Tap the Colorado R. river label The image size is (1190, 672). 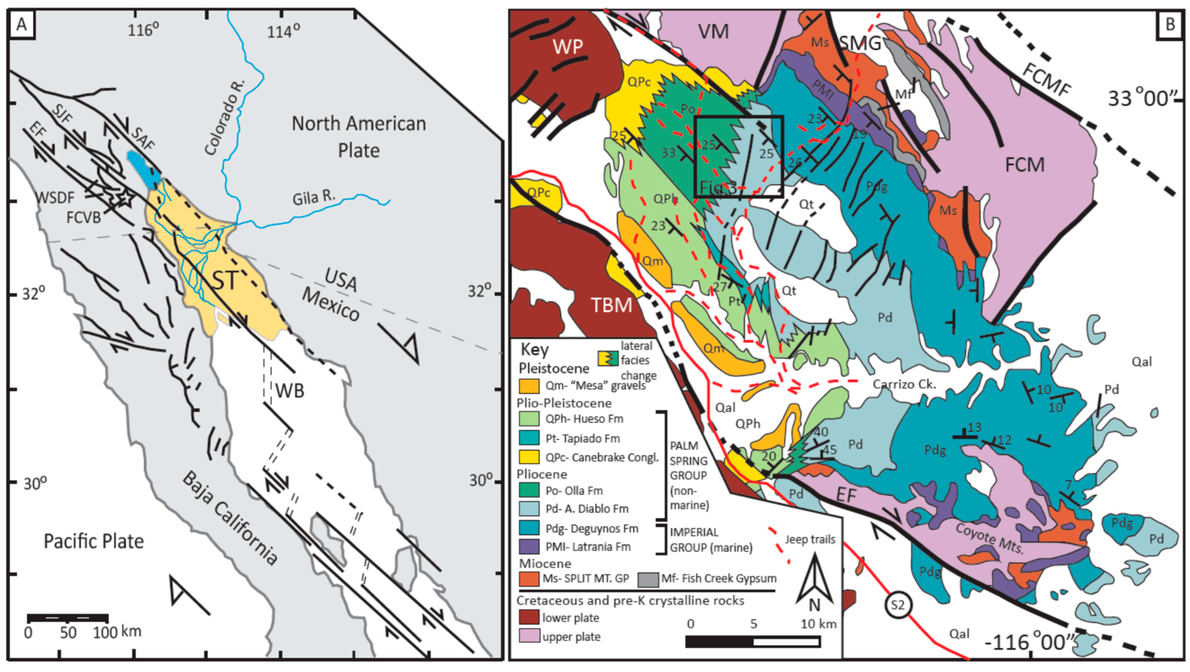click(225, 118)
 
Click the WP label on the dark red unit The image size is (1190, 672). click(568, 47)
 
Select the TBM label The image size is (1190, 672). click(611, 305)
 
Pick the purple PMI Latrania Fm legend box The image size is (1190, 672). click(528, 547)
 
